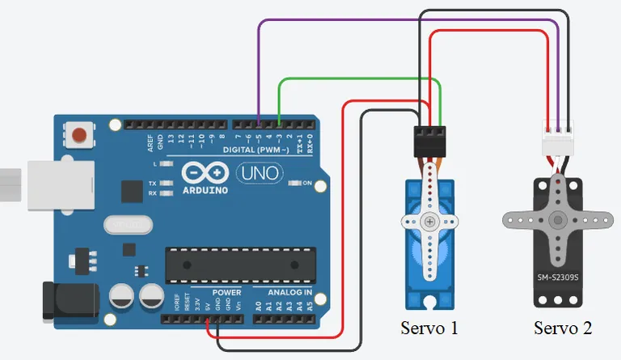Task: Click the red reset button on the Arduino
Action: pos(79,134)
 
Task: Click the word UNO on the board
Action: pos(259,172)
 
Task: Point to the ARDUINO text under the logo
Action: pos(205,190)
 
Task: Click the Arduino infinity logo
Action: pos(205,172)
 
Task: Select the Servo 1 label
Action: pos(429,328)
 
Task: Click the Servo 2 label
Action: pos(563,328)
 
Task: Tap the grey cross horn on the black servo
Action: pos(556,220)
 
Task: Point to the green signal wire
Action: pos(356,79)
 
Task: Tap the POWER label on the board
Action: pos(226,292)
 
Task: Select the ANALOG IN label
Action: pos(283,292)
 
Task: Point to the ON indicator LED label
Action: pos(306,183)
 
